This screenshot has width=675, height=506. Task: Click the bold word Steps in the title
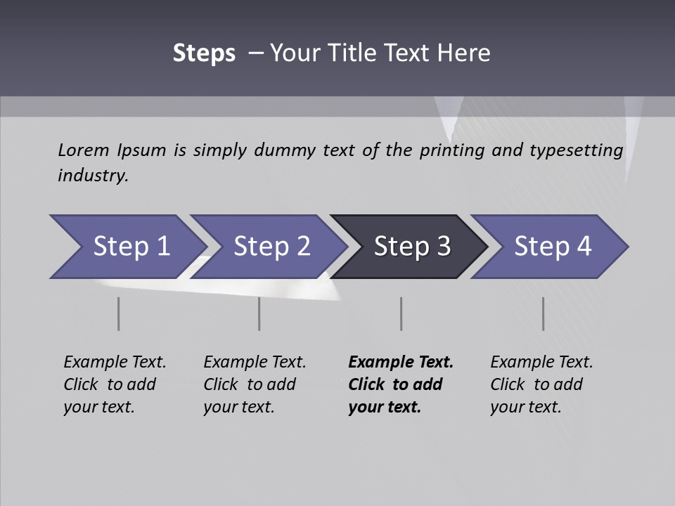coord(204,53)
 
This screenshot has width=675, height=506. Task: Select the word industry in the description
coord(93,175)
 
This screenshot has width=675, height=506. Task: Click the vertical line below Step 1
coord(119,313)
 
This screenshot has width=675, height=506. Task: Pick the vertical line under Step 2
coord(259,313)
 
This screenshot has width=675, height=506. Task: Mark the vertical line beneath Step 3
coord(401,313)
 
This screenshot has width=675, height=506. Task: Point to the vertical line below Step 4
coord(544,313)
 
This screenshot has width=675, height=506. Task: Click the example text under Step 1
coord(115,384)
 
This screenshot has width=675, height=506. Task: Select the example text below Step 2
coord(255,384)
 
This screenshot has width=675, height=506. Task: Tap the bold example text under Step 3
coord(401,384)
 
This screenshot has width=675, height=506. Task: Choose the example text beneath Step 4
coord(541,384)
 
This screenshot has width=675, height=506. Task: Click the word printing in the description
coord(452,150)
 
